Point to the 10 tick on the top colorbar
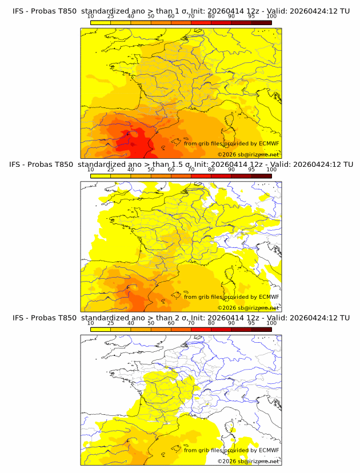[91, 16]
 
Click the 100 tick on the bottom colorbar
[271, 323]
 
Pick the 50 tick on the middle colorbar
[151, 170]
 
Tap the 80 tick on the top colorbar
[211, 16]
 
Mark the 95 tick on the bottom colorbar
[251, 323]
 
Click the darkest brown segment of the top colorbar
[262, 22]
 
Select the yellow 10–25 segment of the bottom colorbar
[101, 329]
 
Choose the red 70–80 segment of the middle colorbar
[201, 176]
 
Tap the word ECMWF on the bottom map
[269, 450]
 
